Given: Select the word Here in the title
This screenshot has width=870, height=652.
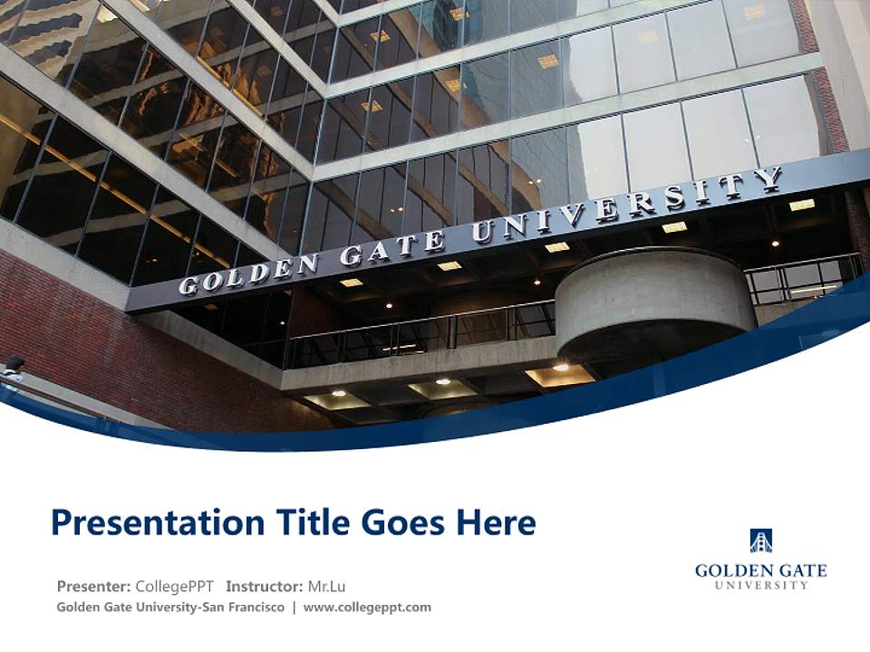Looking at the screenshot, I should (495, 523).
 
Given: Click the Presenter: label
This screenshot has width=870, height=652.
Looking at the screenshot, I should (94, 587).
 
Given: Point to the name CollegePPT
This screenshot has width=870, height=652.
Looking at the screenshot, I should (175, 587).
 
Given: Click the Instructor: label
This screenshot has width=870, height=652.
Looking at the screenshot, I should (265, 587).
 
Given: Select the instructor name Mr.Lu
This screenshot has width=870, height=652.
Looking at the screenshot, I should (326, 587).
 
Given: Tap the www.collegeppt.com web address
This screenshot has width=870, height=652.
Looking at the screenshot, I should (367, 608).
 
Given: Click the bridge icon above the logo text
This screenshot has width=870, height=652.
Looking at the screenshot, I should (760, 541).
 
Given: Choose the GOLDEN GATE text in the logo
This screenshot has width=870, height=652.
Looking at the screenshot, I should (760, 570).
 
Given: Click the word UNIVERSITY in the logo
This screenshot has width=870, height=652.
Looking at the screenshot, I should (760, 586).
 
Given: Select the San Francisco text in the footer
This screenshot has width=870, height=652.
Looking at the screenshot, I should (246, 608).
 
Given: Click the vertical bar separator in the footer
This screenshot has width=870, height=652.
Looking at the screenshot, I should (294, 608).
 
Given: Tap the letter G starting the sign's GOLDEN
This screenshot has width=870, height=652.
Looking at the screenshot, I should (188, 286).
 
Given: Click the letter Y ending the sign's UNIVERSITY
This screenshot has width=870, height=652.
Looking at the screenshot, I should (771, 179).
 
